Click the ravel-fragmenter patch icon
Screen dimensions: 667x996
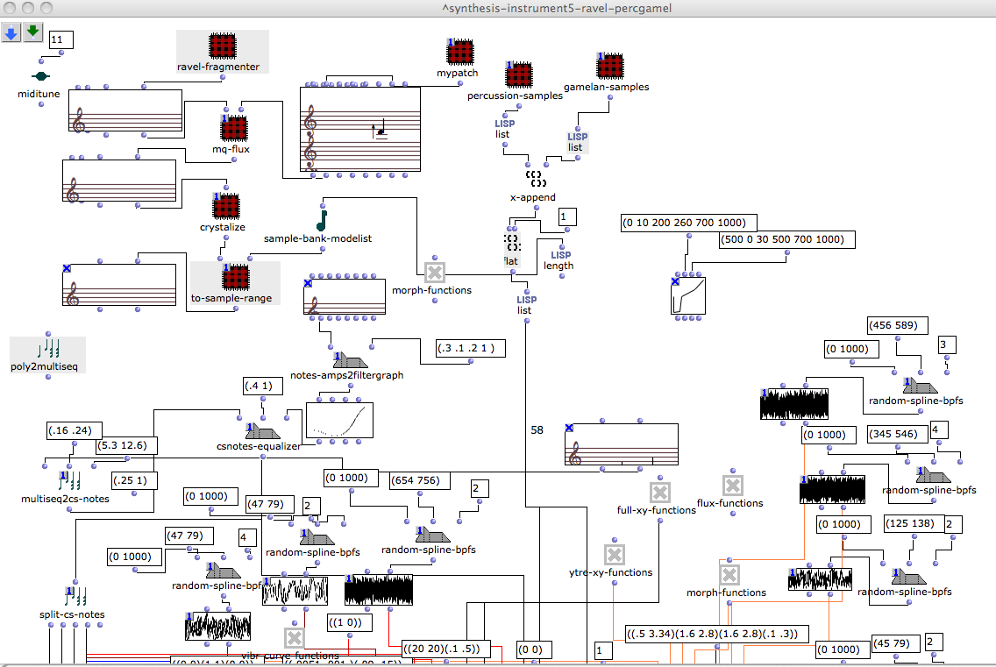coord(223,46)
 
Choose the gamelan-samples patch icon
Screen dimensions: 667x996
coord(610,67)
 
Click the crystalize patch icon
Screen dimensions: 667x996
coord(225,207)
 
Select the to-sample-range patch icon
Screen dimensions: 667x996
coord(233,277)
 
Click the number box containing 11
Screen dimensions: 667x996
coord(61,39)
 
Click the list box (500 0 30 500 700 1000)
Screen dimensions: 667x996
coord(785,239)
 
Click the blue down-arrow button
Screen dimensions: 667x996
coord(11,32)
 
